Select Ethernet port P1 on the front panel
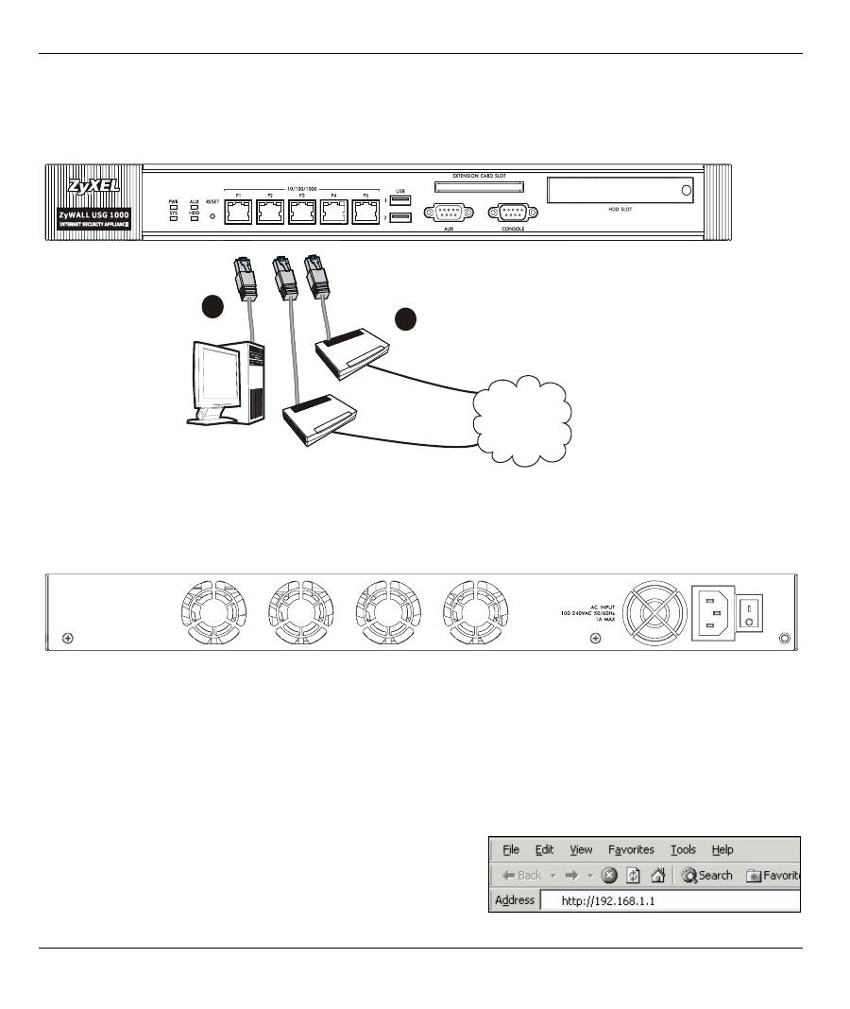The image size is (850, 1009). pyautogui.click(x=239, y=214)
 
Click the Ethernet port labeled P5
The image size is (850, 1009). pyautogui.click(x=365, y=214)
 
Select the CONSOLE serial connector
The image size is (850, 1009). pyautogui.click(x=512, y=214)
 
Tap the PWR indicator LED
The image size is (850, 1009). pyautogui.click(x=174, y=207)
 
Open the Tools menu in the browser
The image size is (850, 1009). pyautogui.click(x=683, y=849)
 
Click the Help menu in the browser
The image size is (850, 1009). pyautogui.click(x=722, y=849)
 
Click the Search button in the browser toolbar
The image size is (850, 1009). pyautogui.click(x=707, y=875)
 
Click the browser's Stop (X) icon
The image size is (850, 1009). pyautogui.click(x=610, y=875)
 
